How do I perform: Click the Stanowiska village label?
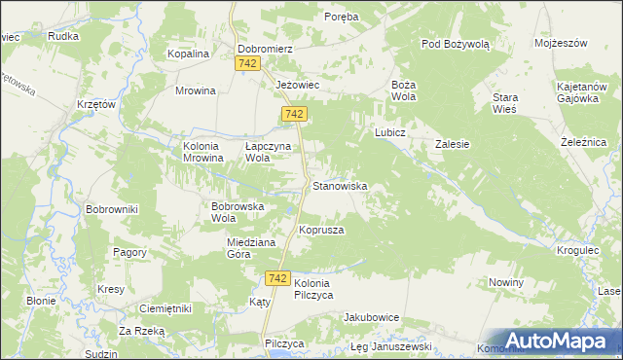pos(339,185)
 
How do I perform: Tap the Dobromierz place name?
pos(266,47)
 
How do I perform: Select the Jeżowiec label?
pos(298,85)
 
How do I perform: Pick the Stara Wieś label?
pos(504,104)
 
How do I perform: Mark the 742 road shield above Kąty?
pos(276,278)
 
